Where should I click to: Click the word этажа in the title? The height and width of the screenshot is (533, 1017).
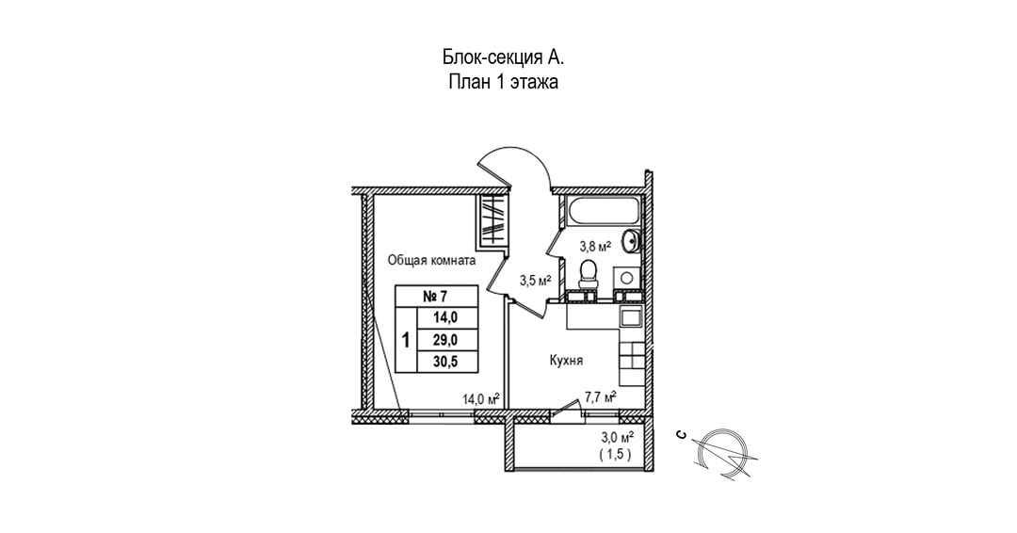[x=536, y=82]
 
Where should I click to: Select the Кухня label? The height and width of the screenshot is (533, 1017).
[x=570, y=360]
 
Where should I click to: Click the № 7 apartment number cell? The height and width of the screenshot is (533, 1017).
[x=435, y=297]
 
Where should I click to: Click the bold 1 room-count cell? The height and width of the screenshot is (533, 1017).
[x=406, y=340]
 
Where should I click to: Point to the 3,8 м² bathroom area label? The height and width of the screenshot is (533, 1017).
[x=595, y=247]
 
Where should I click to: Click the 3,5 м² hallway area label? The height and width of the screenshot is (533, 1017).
[x=536, y=280]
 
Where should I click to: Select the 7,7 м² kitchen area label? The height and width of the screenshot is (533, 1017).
[x=599, y=396]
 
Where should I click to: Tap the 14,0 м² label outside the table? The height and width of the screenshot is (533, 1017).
[x=479, y=398]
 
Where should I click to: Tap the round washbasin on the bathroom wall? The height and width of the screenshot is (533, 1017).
[x=635, y=242]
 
